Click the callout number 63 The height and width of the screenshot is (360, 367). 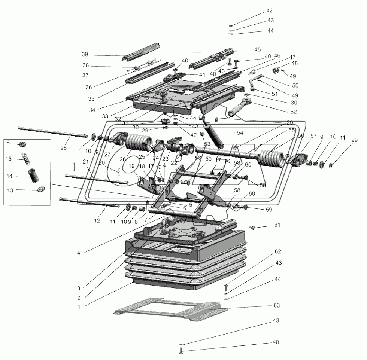point(277,306)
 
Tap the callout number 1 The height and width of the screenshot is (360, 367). point(79,306)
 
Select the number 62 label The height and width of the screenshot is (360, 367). point(277,251)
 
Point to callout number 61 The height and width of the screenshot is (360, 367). point(277,225)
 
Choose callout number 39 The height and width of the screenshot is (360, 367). point(85,54)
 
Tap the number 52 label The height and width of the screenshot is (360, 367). point(293,112)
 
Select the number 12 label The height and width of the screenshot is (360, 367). point(97,221)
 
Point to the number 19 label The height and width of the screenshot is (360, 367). point(131,165)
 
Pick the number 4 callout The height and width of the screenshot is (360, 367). point(79,253)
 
